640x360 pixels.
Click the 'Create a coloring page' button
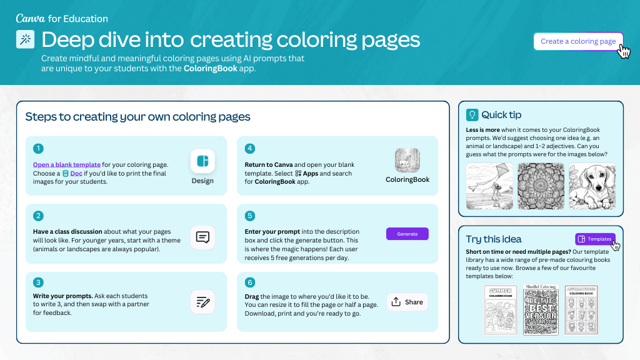click(x=577, y=41)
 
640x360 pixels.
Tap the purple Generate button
click(x=407, y=234)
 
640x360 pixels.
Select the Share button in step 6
click(x=407, y=302)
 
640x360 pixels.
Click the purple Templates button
click(x=594, y=239)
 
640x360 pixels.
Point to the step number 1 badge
click(x=39, y=149)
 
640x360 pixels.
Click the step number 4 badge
click(x=250, y=149)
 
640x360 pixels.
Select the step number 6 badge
click(x=250, y=282)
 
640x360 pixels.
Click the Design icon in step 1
click(x=202, y=161)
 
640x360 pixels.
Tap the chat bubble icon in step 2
click(x=202, y=237)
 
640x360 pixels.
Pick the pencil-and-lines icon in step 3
click(x=202, y=302)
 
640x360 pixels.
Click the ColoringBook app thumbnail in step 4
click(x=407, y=161)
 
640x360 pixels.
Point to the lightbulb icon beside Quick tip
click(x=472, y=115)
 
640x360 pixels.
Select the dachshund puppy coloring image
click(x=592, y=186)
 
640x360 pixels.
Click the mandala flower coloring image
click(x=541, y=186)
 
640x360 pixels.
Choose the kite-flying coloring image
click(x=489, y=186)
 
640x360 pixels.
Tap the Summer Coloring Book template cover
click(x=501, y=310)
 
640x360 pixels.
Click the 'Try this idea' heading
click(x=494, y=239)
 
